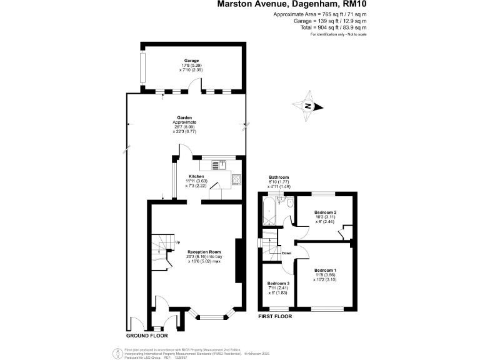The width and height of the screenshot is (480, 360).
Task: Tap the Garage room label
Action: pyautogui.click(x=191, y=61)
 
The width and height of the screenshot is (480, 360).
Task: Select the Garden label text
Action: pyautogui.click(x=184, y=117)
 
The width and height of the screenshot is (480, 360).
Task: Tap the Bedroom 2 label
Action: pyautogui.click(x=326, y=212)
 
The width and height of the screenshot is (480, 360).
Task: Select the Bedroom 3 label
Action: pyautogui.click(x=277, y=282)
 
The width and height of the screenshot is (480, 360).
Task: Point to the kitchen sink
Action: pyautogui.click(x=217, y=165)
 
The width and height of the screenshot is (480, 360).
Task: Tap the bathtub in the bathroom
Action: pyautogui.click(x=271, y=212)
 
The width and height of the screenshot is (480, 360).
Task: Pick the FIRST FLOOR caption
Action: pyautogui.click(x=276, y=317)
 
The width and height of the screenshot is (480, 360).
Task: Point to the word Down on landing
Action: pyautogui.click(x=286, y=253)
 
